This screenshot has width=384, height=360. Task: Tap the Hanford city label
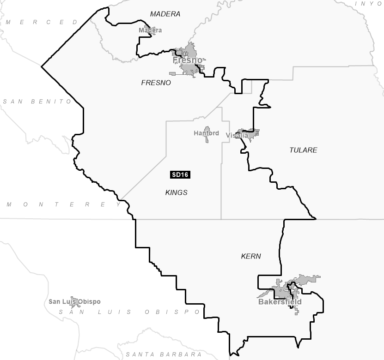point(206,133)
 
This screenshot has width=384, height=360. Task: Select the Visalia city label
point(237,135)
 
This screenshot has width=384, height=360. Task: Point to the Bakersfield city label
point(280,302)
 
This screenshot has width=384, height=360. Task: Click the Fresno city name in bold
point(187,60)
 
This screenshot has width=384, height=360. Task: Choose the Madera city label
point(150,30)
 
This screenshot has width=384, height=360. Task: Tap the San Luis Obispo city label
point(74,302)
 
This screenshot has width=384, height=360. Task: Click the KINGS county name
point(176,192)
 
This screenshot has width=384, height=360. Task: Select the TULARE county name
point(303,150)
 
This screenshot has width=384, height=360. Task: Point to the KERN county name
point(251,256)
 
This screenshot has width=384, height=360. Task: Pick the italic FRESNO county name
point(156,83)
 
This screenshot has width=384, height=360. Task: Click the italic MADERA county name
point(165,14)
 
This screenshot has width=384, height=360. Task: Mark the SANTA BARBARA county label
point(164,354)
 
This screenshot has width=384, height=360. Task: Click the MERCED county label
point(42,22)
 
